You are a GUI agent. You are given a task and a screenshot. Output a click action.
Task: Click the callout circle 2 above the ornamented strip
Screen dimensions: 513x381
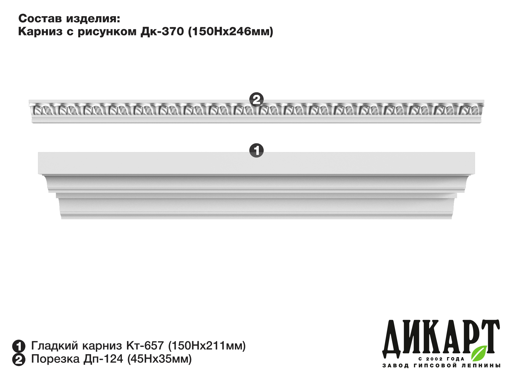[x=256, y=99]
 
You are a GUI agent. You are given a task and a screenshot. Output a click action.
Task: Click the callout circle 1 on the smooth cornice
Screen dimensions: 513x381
[x=256, y=150]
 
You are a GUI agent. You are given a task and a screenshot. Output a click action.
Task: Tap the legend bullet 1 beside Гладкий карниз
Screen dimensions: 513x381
[x=19, y=346]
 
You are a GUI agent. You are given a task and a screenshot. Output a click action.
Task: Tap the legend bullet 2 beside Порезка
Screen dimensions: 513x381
[x=19, y=359]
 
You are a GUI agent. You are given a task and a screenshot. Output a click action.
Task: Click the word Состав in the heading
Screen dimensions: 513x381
[x=40, y=18]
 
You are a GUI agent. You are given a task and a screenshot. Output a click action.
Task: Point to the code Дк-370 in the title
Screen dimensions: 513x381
[x=162, y=32]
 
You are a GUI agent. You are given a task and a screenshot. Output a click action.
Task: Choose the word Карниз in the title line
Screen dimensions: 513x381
[x=40, y=32]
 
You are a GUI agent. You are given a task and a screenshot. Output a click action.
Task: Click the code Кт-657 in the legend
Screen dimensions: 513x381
[x=145, y=346]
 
